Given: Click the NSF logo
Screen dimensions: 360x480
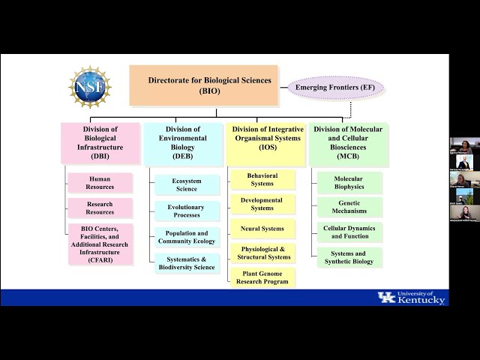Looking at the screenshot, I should tap(90, 87).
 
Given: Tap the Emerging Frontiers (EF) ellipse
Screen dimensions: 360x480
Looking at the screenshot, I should tap(337, 88).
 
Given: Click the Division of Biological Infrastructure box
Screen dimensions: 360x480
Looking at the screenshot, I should tap(100, 143).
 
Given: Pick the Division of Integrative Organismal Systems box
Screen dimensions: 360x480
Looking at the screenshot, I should tap(266, 143).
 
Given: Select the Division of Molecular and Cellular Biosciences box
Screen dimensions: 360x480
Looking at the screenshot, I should tap(348, 143).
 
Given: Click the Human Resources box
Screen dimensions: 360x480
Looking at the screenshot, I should tap(100, 183).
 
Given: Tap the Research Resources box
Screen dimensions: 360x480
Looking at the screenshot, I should tap(100, 208).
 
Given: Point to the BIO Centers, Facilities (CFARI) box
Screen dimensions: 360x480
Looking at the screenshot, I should tap(100, 244).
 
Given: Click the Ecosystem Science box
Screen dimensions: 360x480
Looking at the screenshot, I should tap(187, 185).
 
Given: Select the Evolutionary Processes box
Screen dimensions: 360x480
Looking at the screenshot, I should tap(187, 211).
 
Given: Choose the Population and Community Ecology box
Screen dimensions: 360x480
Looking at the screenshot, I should tap(187, 237).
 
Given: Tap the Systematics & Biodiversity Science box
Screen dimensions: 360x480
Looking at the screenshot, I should tap(187, 262).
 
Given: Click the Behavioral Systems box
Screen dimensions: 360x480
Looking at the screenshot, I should tap(262, 180).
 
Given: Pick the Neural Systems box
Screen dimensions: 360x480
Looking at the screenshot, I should tap(262, 229).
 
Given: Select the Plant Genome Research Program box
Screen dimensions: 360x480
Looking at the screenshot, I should tap(262, 277).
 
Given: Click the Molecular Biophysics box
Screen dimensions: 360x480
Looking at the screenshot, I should tap(349, 183).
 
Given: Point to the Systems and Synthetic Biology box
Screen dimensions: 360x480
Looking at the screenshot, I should tap(349, 257).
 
